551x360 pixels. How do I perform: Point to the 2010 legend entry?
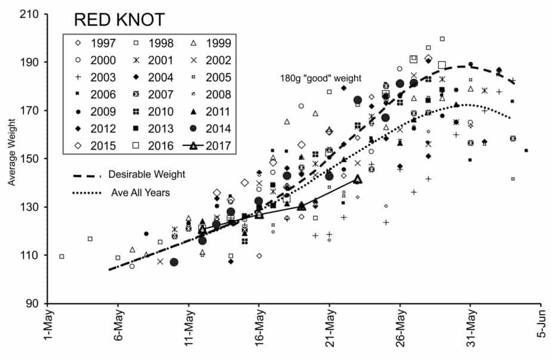(157, 111)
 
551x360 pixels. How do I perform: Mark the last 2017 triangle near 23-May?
(357, 178)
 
